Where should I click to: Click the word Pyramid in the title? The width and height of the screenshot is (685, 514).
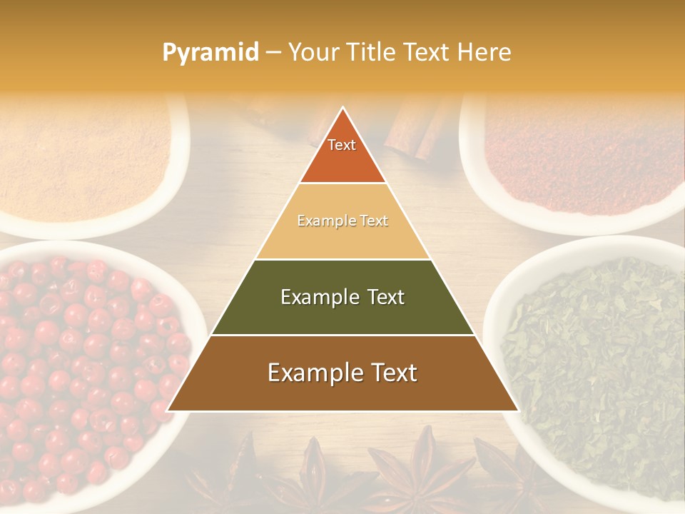click(210, 53)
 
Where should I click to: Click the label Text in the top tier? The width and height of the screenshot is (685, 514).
click(342, 145)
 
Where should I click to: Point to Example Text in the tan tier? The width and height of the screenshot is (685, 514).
click(342, 221)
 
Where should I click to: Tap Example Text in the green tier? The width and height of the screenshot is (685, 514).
click(342, 297)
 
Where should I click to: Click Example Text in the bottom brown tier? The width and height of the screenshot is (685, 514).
click(342, 373)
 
